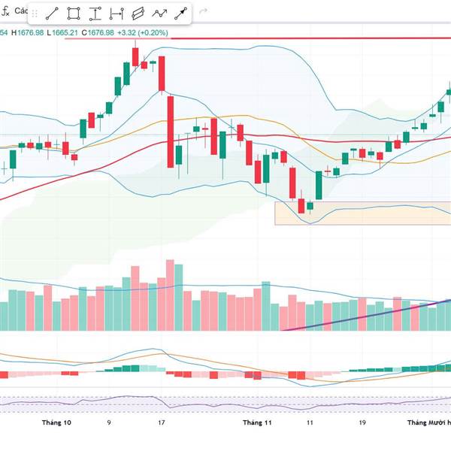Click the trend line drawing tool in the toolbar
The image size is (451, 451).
click(x=53, y=14)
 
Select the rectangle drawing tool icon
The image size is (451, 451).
click(x=74, y=14)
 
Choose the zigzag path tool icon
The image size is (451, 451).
click(x=159, y=14)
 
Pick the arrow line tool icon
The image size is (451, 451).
click(x=181, y=14)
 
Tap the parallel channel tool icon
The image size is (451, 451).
click(x=138, y=14)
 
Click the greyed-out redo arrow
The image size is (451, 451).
click(x=202, y=14)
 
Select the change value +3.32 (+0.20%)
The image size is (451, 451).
click(x=143, y=32)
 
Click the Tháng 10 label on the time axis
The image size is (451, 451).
click(x=57, y=422)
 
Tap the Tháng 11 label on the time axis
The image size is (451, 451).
click(x=257, y=422)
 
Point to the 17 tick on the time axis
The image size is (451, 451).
click(x=162, y=422)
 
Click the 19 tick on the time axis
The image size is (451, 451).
click(x=362, y=422)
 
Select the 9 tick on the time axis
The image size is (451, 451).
click(x=109, y=422)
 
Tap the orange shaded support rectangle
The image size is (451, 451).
click(x=361, y=212)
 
